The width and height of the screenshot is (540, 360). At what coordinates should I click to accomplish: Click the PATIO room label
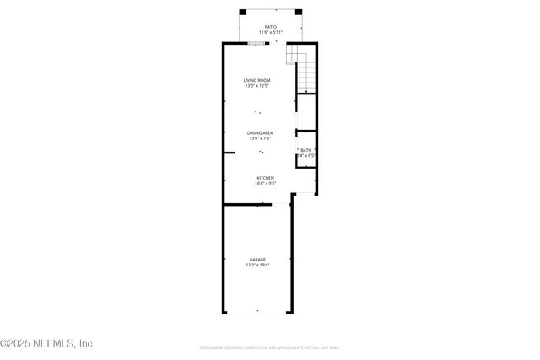270,27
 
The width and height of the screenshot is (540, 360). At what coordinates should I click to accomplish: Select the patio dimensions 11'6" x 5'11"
270,33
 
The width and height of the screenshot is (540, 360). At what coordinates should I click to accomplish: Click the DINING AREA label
259,132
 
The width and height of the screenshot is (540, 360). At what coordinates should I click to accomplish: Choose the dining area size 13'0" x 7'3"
259,138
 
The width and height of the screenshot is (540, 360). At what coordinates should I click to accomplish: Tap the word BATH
305,150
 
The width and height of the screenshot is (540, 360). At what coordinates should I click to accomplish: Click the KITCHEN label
265,178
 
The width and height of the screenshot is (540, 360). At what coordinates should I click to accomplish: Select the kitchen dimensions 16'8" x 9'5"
265,184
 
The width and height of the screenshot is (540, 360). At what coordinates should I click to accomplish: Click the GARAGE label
257,259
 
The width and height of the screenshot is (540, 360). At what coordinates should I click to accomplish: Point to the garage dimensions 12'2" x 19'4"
257,265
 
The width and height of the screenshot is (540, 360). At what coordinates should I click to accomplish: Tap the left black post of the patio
242,12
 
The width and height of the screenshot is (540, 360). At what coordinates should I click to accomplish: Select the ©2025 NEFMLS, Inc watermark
46,343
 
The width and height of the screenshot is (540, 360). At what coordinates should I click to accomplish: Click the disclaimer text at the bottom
269,347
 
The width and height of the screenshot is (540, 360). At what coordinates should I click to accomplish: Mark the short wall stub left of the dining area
229,153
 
